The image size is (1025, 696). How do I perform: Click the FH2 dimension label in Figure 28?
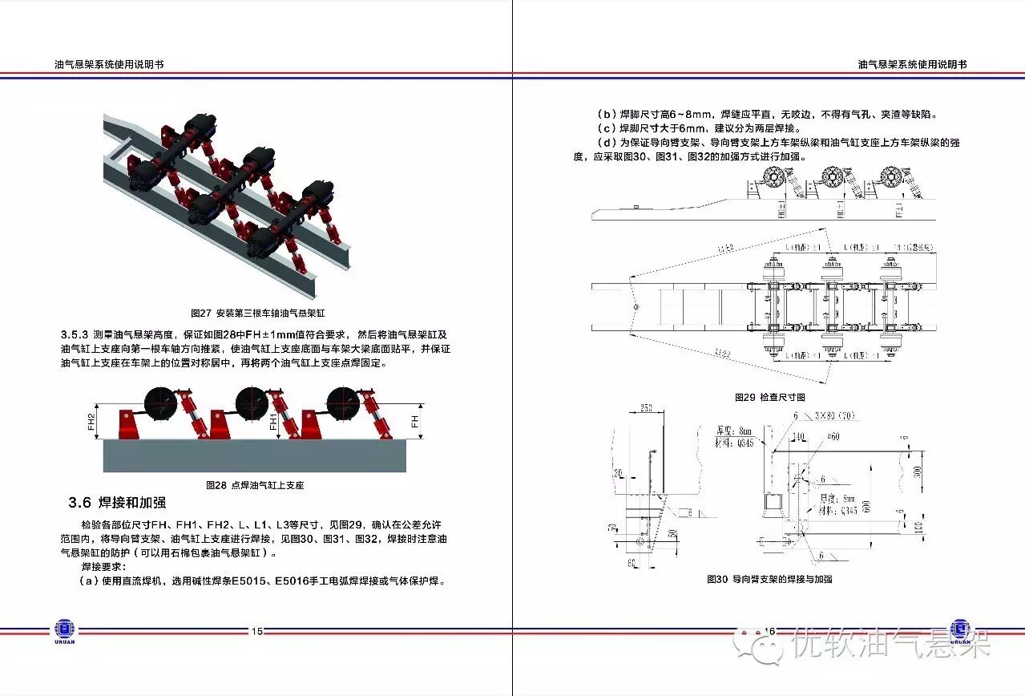(x=91, y=422)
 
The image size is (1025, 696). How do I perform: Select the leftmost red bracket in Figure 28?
(x=128, y=424)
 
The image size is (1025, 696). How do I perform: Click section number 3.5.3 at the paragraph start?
(x=75, y=334)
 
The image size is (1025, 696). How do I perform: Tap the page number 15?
(x=256, y=631)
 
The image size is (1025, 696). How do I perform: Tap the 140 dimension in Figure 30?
(x=798, y=437)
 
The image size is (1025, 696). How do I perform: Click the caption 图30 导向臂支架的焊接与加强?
(x=769, y=579)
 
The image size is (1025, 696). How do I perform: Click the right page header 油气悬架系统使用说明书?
(x=912, y=64)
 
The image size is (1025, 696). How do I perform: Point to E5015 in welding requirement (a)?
(x=248, y=581)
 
